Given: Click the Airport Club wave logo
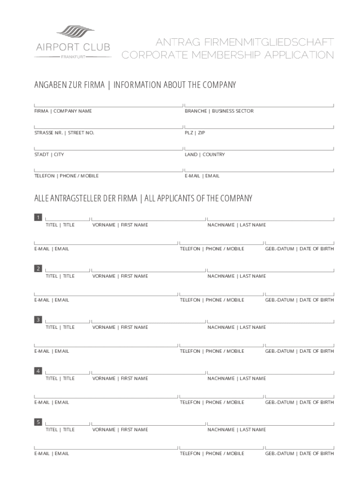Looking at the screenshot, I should [75, 33].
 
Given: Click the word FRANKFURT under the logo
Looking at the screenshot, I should [73, 57].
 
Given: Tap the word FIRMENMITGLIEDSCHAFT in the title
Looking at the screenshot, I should [266, 43].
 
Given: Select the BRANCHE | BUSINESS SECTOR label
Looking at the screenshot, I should [219, 111].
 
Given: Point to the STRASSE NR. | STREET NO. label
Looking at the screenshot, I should [64, 133].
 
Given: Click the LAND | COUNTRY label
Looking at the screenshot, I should [205, 154].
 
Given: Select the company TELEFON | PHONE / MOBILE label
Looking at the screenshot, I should [66, 176].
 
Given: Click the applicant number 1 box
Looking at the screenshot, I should [38, 218].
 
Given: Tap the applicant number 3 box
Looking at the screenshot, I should [38, 319].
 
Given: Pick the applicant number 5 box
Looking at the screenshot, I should [38, 422].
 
